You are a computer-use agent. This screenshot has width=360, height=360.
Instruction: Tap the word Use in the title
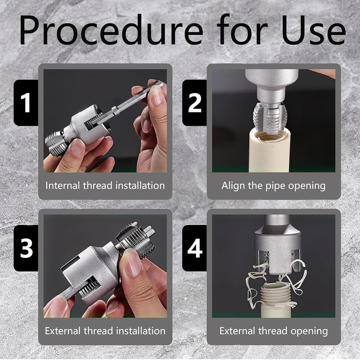[x=313, y=30]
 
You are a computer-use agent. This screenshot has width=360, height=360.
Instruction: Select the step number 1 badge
[x=26, y=103]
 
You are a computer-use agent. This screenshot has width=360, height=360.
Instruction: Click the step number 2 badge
[x=194, y=103]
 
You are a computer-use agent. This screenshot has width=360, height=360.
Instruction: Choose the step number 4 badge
[x=194, y=248]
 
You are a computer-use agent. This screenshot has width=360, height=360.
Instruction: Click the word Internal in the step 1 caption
[x=62, y=186]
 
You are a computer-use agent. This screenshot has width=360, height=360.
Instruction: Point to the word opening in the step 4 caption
[x=309, y=332]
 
